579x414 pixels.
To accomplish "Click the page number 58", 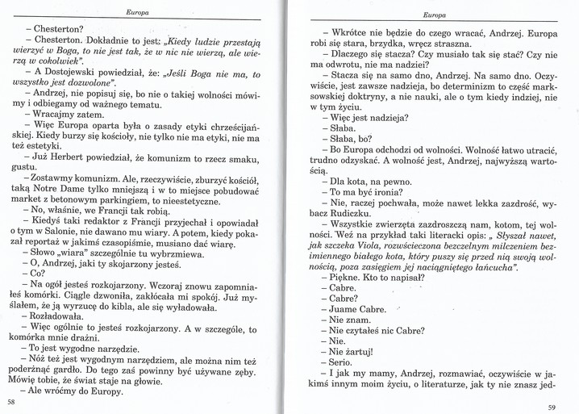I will pos(10,401).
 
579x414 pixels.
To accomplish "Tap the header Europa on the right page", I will pos(435,15).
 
